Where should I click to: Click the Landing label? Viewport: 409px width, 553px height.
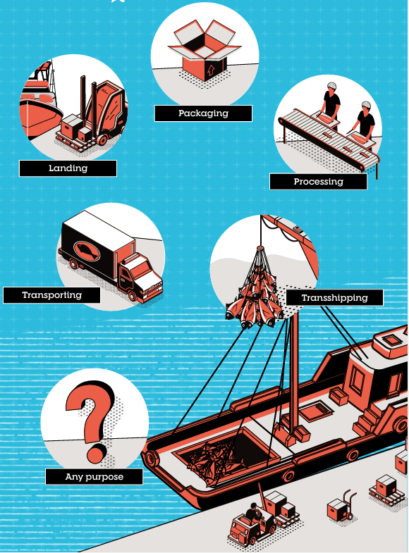click(68, 168)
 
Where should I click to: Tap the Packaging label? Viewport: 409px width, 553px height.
click(203, 113)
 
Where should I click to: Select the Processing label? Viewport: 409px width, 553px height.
click(318, 182)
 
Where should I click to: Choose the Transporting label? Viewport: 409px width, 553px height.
click(52, 295)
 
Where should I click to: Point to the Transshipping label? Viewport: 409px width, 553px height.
click(334, 298)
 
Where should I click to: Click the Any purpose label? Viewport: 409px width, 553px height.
click(94, 477)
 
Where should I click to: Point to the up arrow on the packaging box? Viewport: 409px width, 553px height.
click(211, 70)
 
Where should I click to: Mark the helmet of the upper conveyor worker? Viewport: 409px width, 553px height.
click(331, 85)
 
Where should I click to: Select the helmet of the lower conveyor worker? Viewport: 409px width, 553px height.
click(366, 105)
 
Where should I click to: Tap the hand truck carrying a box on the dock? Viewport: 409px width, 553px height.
click(341, 505)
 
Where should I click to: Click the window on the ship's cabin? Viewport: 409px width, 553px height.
click(357, 381)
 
